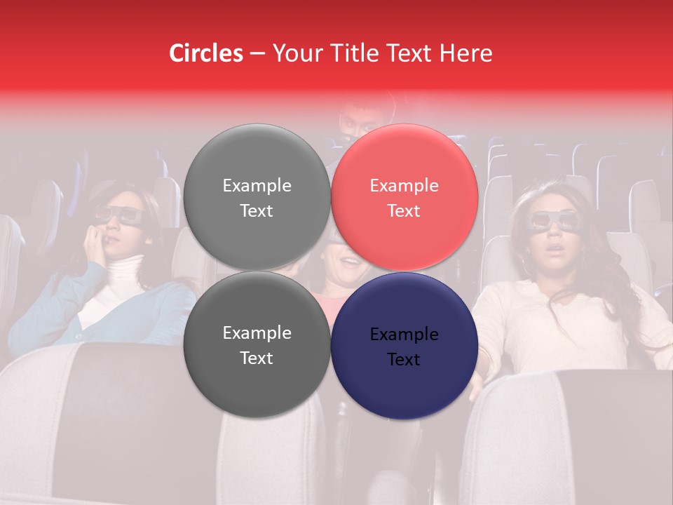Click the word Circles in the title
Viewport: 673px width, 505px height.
(205, 53)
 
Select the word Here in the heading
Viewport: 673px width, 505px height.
(467, 53)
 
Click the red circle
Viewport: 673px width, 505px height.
(405, 197)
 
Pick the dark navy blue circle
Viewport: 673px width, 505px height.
(405, 346)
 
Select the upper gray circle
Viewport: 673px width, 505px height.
(257, 197)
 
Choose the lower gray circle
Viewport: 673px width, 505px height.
(257, 344)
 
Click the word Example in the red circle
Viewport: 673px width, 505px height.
(404, 185)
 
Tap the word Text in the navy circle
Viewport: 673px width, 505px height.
(404, 359)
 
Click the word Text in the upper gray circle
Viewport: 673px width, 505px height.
(257, 210)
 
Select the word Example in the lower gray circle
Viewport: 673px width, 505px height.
(257, 332)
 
